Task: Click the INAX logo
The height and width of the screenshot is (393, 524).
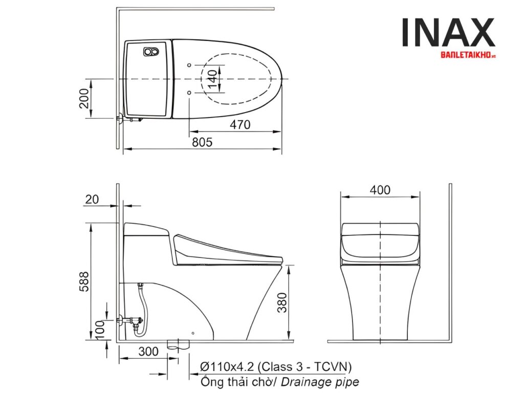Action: tap(448, 33)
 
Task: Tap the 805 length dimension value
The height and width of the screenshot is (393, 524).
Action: tap(202, 142)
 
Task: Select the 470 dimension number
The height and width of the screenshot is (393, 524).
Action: tap(240, 124)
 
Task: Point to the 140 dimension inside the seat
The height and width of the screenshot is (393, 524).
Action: tap(212, 80)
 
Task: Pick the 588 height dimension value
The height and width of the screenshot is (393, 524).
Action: tap(84, 281)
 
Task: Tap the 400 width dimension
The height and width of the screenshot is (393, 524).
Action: tap(380, 190)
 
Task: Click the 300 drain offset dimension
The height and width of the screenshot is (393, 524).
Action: tap(148, 352)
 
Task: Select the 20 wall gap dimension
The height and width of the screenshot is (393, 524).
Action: tap(92, 200)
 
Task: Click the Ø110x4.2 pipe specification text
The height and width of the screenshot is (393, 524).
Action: tap(276, 366)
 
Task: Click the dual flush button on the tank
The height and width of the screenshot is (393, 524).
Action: tap(151, 52)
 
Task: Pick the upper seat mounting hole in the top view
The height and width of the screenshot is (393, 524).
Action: tap(190, 65)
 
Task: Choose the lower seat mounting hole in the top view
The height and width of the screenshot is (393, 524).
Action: tap(190, 92)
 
